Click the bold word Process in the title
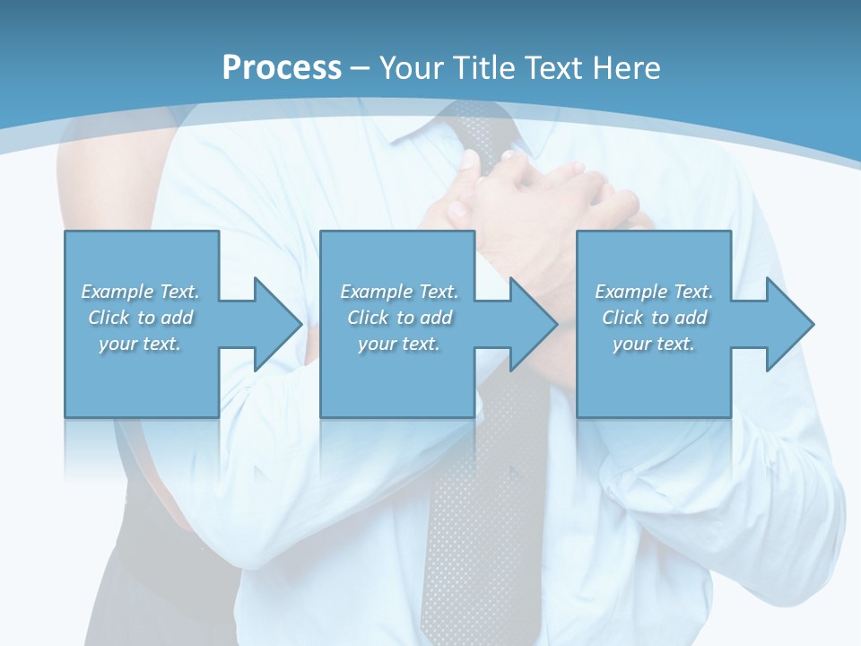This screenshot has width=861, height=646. [282, 68]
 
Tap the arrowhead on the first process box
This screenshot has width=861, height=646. [269, 324]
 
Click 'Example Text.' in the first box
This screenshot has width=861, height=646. [140, 292]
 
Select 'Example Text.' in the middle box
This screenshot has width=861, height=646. [399, 292]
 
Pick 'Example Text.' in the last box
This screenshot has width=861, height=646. [654, 292]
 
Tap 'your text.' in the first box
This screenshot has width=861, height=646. [140, 344]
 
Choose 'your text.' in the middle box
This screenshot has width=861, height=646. [399, 344]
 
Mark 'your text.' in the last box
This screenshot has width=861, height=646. [654, 344]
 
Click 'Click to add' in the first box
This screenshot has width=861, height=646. [140, 318]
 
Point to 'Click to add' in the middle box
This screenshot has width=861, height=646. [399, 318]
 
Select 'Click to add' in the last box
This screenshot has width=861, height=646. [654, 318]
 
